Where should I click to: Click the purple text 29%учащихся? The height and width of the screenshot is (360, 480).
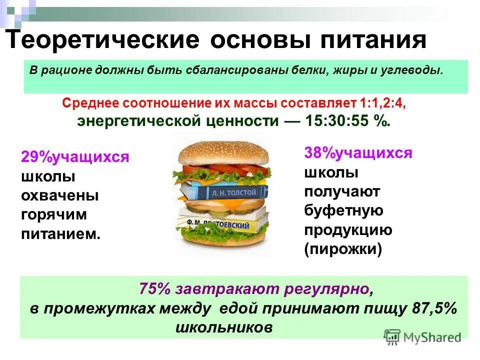(x=75, y=157)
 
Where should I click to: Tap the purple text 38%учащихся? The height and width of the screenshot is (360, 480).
(x=358, y=153)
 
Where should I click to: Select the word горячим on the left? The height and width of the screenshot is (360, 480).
(x=54, y=214)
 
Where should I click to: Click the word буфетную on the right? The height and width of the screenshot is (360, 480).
(x=343, y=210)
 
